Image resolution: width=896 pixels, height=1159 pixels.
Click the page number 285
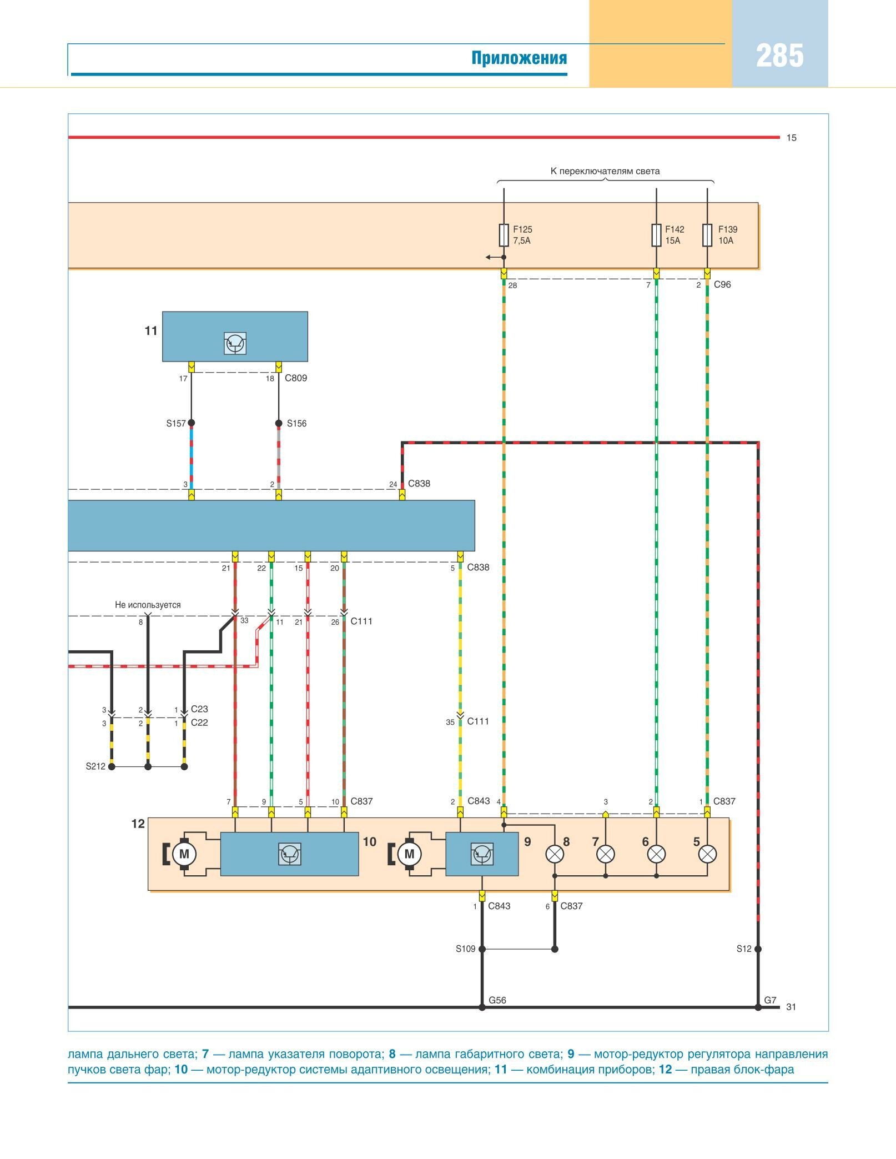tap(779, 56)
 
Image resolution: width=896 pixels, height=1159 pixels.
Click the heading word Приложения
tap(519, 58)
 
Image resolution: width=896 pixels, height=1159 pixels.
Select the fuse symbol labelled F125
tap(504, 235)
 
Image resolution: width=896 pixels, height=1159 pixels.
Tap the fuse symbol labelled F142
tap(656, 235)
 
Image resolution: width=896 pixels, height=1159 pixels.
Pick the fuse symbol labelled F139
tap(707, 235)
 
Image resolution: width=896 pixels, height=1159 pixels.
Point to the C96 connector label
tap(722, 284)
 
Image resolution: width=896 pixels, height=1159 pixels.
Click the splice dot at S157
tap(192, 423)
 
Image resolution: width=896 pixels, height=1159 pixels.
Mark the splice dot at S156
tap(279, 423)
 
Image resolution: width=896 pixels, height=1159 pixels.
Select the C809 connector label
tap(296, 378)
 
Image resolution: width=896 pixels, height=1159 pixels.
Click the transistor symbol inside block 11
tap(235, 343)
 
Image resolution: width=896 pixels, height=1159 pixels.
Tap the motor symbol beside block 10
tap(184, 854)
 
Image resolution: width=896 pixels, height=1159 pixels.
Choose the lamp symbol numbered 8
tap(555, 854)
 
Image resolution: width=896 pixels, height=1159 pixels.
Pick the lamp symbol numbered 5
tap(707, 854)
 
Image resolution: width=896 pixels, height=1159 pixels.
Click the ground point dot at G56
tap(482, 1007)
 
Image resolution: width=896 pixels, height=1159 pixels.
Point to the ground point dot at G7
tap(758, 1007)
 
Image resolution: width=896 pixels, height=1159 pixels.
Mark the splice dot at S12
tap(758, 949)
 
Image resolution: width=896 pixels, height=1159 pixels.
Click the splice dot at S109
tap(482, 949)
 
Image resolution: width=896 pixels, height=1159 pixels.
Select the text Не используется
tap(148, 605)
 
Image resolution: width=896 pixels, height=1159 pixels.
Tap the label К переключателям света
tap(605, 171)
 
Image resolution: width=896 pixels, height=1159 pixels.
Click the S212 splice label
tap(95, 766)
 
